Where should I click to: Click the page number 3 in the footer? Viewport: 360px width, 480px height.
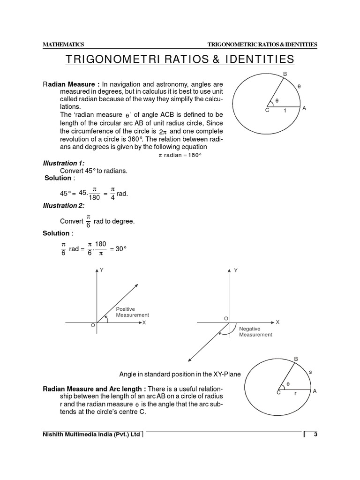click(315, 435)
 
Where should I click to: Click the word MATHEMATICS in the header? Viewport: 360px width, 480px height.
click(63, 45)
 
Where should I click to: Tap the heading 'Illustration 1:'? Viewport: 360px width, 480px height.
click(64, 163)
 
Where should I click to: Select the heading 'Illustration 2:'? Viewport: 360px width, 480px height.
click(64, 205)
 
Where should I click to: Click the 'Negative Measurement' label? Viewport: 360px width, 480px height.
click(255, 332)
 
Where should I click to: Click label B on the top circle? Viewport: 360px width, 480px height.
click(285, 74)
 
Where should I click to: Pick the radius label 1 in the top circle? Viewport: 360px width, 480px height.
click(285, 111)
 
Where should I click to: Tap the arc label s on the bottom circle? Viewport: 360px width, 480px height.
click(310, 372)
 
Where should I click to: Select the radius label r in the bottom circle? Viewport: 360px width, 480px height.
click(295, 394)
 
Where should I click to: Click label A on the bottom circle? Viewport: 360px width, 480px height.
click(315, 391)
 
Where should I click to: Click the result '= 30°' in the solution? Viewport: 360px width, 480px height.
click(118, 249)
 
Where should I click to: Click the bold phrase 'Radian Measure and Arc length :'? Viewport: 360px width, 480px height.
click(95, 389)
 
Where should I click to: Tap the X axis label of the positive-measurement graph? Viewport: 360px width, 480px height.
click(144, 322)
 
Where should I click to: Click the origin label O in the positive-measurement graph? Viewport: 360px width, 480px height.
click(92, 325)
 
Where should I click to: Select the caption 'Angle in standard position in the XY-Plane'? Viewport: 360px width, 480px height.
click(180, 374)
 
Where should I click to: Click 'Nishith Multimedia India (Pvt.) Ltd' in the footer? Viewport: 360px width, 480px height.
click(91, 435)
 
